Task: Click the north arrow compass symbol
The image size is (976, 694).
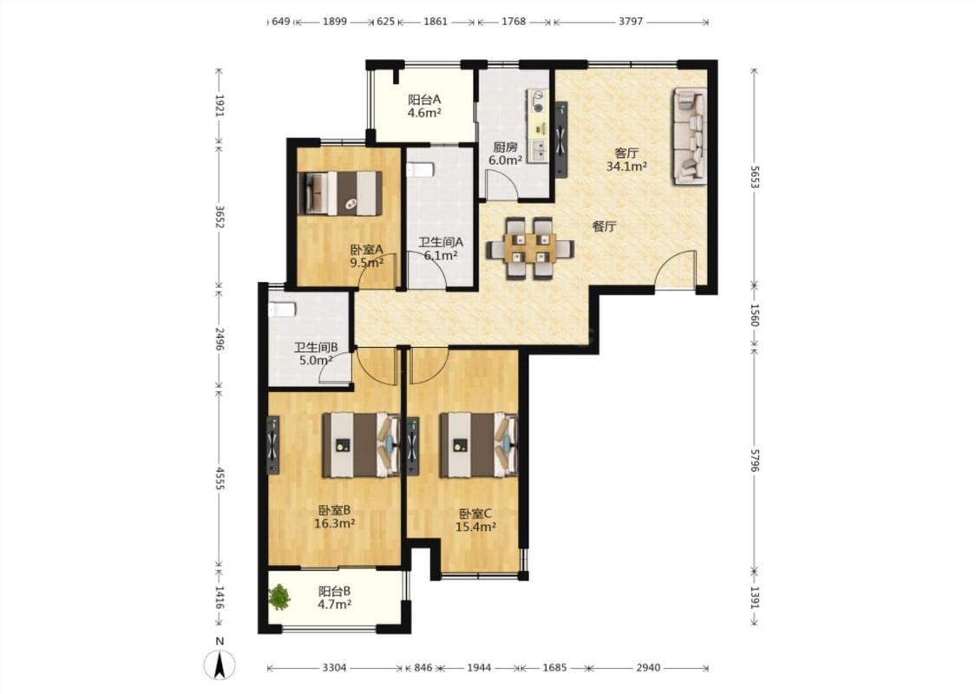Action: click(219, 665)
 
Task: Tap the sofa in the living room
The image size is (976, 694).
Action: click(690, 136)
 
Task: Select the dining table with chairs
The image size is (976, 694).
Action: click(530, 248)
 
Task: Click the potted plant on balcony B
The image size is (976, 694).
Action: click(280, 597)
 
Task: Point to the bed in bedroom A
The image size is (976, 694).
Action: click(340, 193)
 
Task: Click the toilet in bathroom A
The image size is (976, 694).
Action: click(420, 170)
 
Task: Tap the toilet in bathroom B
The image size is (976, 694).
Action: click(282, 309)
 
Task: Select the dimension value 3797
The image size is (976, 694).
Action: click(631, 22)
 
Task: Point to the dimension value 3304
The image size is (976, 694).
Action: click(334, 668)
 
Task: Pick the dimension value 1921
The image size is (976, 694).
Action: click(219, 105)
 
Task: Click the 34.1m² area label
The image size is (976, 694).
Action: click(626, 167)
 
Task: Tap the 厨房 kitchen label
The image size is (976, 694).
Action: click(505, 147)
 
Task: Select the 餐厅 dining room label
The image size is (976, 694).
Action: click(604, 226)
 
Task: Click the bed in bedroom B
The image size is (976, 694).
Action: click(362, 445)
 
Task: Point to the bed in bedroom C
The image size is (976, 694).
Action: click(479, 445)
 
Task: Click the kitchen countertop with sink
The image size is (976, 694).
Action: click(538, 126)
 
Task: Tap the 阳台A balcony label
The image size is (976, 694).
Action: click(424, 100)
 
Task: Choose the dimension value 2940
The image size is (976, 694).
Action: click(648, 668)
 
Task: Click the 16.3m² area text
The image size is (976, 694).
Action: click(334, 523)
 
